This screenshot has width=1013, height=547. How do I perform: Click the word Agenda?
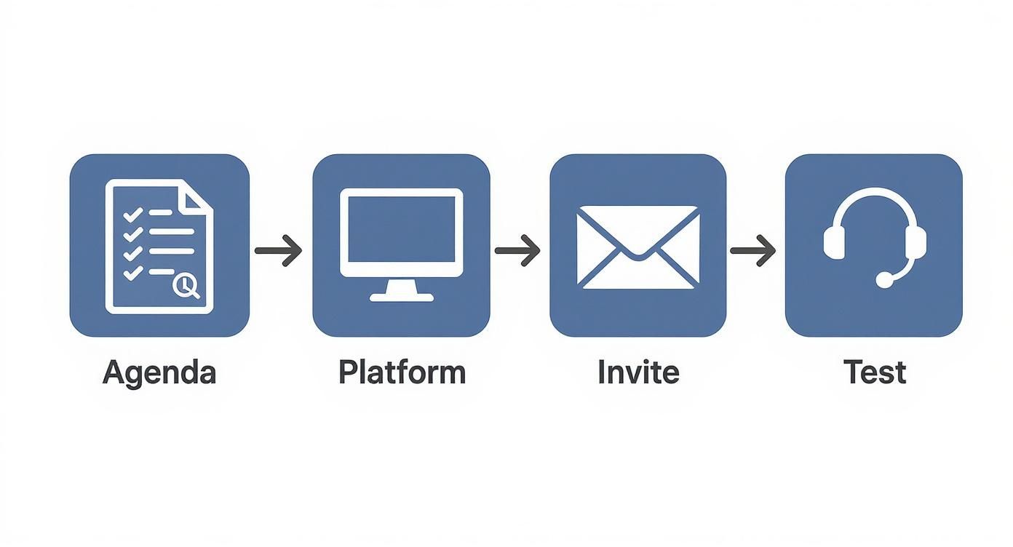point(159,372)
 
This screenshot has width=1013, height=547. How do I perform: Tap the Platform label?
point(402,372)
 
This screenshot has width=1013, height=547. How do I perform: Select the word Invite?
point(638,372)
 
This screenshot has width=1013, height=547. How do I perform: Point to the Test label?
point(875,372)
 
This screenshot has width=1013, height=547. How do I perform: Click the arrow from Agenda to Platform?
point(278,251)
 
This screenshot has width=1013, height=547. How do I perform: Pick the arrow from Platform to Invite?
point(517,251)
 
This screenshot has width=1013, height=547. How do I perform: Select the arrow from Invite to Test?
point(752,251)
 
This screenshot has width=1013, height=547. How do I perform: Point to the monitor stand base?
point(401,296)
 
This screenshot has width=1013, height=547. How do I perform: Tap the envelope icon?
point(637,247)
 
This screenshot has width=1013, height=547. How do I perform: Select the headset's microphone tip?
point(884,279)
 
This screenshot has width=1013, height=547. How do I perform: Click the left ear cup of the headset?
point(834,241)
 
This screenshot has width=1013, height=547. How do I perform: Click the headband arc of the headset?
point(875,194)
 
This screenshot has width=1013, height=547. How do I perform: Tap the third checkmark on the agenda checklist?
point(132,253)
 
